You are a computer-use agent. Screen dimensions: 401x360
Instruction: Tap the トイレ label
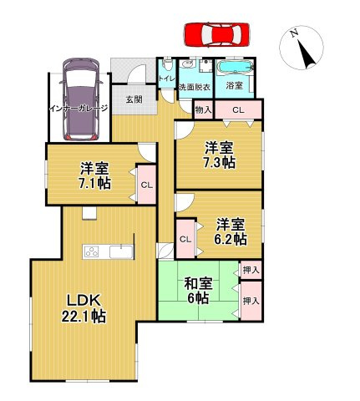coord(165,79)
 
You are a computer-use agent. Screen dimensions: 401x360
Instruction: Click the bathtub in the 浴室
coord(235,66)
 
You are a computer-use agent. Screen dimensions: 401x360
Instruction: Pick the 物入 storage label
coord(203,109)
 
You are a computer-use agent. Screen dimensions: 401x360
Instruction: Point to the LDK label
coord(81,300)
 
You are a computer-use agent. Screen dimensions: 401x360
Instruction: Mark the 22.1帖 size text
coord(81,317)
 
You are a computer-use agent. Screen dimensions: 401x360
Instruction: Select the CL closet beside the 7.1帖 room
coord(146,185)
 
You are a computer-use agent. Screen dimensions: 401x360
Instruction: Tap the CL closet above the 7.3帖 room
coord(238,109)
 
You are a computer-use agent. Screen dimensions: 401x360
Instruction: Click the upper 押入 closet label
coord(250,270)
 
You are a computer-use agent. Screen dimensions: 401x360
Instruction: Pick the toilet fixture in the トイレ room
coord(168,64)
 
